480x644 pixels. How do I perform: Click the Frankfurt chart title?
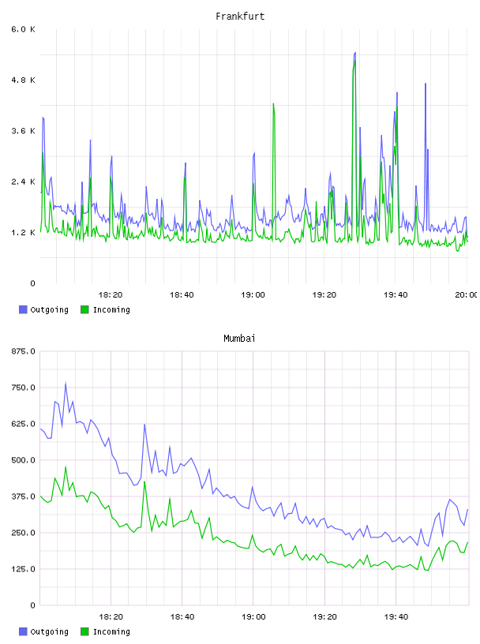240,17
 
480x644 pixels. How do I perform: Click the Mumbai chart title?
239,339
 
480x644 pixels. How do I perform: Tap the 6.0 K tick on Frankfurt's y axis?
24,29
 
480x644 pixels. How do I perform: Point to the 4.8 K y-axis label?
24,80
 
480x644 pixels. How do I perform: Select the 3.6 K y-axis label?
24,131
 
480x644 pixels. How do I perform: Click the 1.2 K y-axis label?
24,233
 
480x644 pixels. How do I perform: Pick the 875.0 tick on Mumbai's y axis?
24,351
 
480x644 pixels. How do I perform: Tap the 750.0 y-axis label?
24,388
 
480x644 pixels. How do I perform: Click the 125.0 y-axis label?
24,569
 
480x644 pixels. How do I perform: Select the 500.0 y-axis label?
24,460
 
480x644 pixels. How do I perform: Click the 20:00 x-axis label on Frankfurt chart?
466,294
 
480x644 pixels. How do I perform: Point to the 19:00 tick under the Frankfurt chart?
253,294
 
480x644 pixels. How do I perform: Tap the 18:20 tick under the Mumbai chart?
111,616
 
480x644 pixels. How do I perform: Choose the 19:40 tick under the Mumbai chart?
396,616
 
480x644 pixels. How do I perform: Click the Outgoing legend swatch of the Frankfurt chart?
23,309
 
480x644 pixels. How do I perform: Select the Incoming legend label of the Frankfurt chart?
111,309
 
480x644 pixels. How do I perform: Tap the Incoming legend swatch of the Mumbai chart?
84,631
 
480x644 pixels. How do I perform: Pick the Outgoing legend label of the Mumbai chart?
49,631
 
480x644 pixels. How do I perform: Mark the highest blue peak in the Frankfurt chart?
355,53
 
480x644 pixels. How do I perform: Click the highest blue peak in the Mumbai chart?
66,384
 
